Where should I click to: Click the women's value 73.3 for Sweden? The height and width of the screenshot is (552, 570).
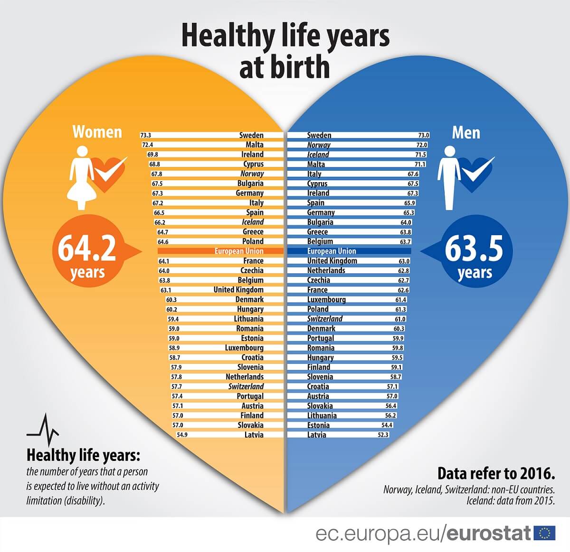point(145,136)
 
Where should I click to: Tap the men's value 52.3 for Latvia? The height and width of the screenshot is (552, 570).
point(383,435)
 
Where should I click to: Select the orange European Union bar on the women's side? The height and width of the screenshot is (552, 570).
point(220,251)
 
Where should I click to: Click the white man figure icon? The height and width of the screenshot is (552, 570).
point(449,177)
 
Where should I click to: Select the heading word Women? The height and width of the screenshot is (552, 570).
point(97,132)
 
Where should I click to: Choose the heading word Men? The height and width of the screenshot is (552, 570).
point(466,132)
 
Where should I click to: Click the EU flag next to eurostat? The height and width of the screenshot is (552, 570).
point(544,533)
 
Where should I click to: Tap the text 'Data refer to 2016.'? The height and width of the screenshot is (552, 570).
point(496,473)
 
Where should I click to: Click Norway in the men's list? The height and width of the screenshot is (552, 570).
point(319,145)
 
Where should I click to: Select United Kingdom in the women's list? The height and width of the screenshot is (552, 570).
point(238,290)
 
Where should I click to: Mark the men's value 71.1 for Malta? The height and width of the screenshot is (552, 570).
point(420,165)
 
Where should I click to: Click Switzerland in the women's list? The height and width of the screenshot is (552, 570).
point(246,386)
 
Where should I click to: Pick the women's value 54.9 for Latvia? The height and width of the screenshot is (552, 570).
point(182,435)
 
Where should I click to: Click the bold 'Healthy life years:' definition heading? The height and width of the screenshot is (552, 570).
point(84,456)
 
